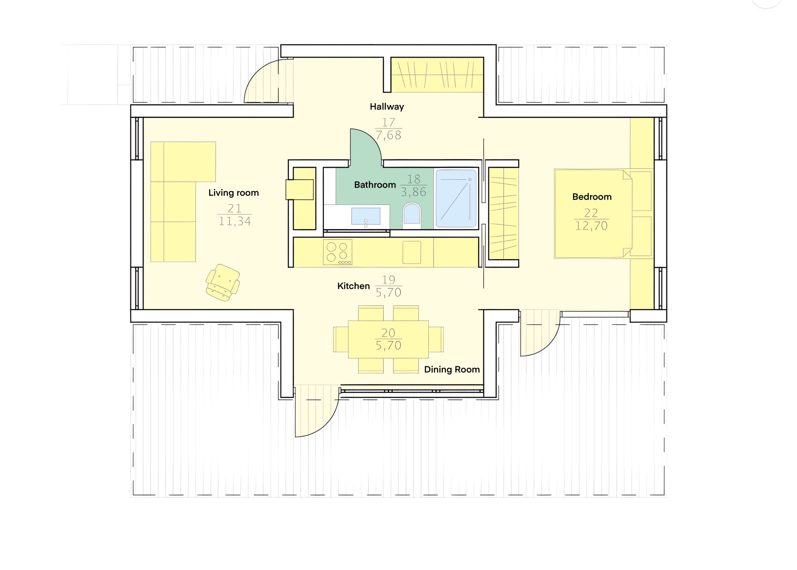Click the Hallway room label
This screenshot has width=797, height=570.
pos(387,107)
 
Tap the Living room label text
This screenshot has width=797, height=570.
pos(233,193)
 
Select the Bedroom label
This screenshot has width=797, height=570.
pos(592,197)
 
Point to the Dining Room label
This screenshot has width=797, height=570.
pos(452,370)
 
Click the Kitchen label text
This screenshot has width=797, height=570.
pos(353,286)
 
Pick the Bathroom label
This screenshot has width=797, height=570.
pos(375,185)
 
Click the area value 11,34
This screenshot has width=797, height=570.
pos(235,221)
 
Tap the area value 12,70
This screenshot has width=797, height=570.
pos(591,226)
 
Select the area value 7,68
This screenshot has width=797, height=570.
pos(388,135)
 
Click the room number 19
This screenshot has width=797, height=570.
pos(388,280)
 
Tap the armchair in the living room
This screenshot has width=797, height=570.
pos(223,283)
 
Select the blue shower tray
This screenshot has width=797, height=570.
pos(456,199)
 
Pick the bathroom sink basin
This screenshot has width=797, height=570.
pos(365,216)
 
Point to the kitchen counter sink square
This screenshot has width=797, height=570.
pos(412,252)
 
